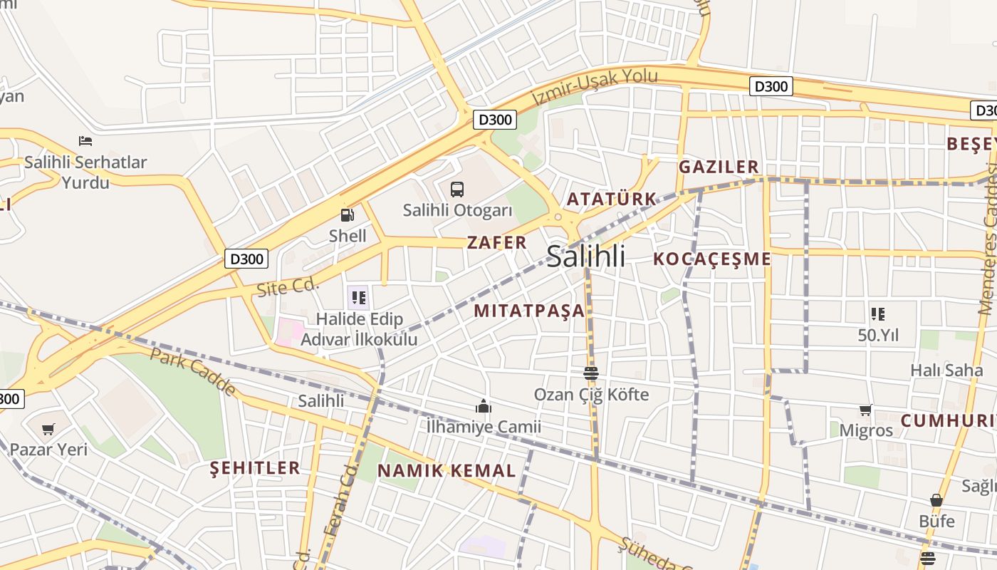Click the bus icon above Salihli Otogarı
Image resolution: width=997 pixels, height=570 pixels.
point(457,190)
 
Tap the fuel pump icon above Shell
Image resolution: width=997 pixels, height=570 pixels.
point(348,214)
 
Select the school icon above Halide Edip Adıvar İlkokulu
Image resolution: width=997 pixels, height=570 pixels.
point(358,297)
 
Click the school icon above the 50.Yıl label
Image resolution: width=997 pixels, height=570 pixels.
point(877,313)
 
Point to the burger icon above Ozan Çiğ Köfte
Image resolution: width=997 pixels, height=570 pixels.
point(590,373)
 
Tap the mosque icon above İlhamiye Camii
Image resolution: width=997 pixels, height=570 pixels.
point(484,406)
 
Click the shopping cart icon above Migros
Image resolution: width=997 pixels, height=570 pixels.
point(865,410)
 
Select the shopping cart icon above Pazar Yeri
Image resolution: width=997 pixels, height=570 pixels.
point(48,429)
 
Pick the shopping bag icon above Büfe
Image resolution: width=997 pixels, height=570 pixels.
point(936,500)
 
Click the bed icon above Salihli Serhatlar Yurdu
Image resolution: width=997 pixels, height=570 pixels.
point(85,141)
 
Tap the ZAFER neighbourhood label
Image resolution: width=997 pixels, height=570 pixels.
point(497,242)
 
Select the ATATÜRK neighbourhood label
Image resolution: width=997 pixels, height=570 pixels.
point(611,199)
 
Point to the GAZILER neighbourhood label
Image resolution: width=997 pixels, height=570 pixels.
point(719,167)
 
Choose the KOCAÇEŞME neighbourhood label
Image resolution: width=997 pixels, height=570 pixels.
point(712,259)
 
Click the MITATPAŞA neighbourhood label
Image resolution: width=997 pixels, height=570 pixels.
point(529,311)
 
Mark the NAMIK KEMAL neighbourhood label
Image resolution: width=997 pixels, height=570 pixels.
point(447,471)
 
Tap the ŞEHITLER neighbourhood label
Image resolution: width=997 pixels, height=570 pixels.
point(255,468)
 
